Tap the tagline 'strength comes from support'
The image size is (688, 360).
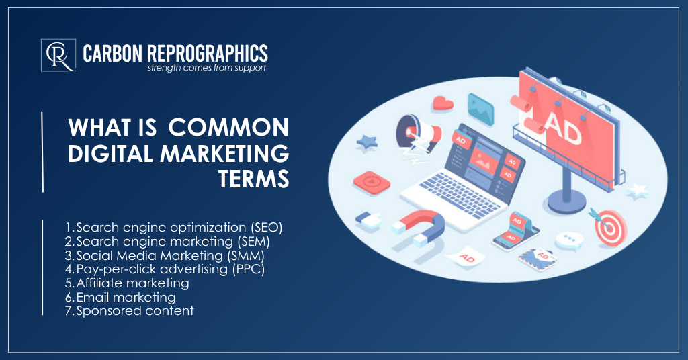click(206, 68)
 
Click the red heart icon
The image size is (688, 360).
click(442, 103)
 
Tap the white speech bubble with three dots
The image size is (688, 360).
click(572, 240)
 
